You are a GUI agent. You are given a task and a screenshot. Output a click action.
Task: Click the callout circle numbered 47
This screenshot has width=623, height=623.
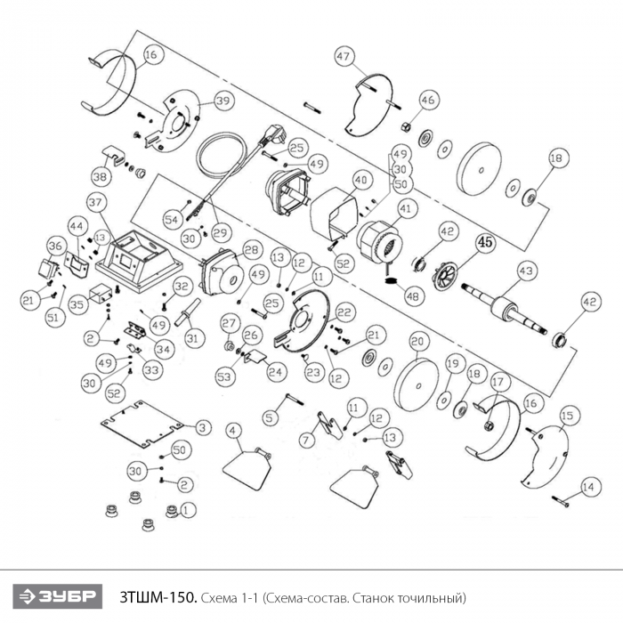[x=344, y=56]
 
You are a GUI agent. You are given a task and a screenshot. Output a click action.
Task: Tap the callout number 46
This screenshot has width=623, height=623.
[x=428, y=100]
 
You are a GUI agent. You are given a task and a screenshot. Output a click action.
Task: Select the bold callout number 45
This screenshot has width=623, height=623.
[x=484, y=241]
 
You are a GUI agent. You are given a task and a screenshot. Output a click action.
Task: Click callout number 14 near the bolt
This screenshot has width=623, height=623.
[x=587, y=486]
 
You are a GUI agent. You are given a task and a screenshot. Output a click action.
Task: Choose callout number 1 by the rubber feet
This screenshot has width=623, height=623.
[x=186, y=510]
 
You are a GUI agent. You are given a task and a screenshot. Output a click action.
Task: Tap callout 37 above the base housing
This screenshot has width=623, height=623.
[x=96, y=200]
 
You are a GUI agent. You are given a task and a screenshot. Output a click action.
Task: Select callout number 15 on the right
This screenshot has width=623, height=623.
[x=567, y=415]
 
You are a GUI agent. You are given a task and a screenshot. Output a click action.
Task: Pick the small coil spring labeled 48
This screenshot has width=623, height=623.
[x=390, y=279]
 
